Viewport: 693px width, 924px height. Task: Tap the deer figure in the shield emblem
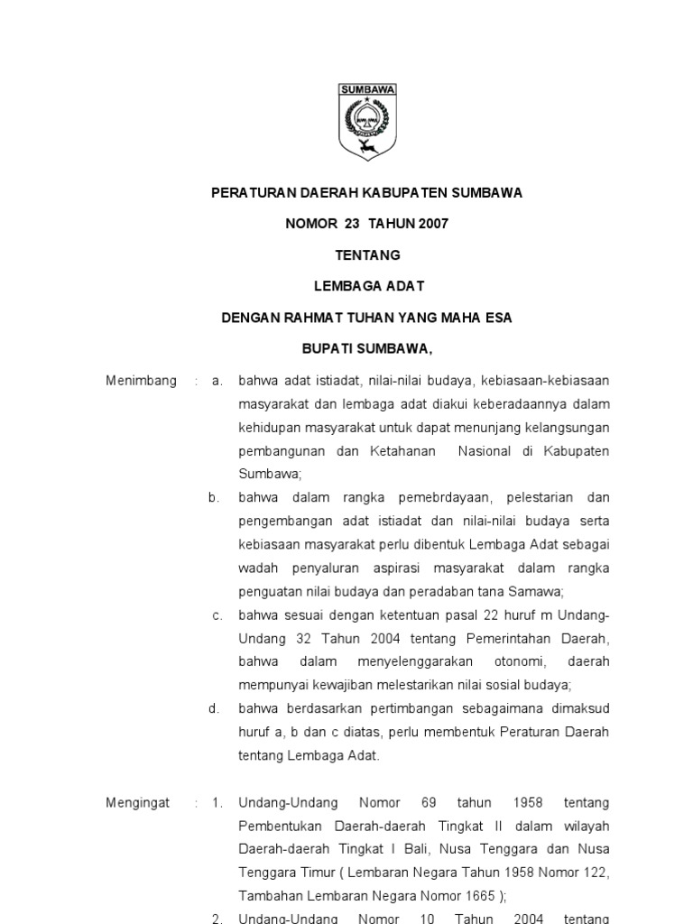click(x=365, y=145)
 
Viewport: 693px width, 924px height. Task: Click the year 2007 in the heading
click(x=428, y=224)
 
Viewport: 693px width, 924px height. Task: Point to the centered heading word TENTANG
click(x=366, y=255)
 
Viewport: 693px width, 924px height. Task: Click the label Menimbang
click(x=141, y=381)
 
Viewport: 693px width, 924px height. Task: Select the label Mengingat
click(x=138, y=802)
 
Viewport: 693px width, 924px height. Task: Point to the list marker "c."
click(x=217, y=615)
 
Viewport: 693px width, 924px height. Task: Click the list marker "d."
click(x=214, y=708)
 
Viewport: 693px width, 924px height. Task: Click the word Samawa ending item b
click(x=539, y=591)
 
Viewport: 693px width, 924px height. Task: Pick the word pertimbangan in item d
click(x=408, y=708)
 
